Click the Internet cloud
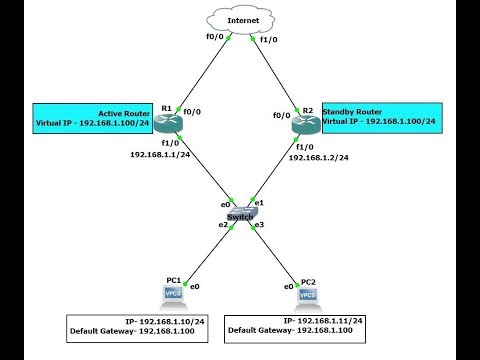click(240, 19)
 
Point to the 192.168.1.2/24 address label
click(319, 158)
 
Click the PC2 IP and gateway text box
click(296, 326)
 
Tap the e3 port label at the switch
click(258, 226)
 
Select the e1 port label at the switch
click(259, 203)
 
